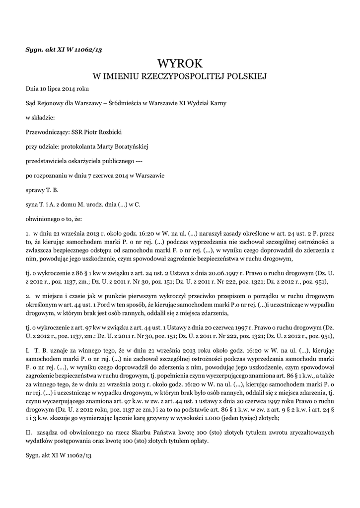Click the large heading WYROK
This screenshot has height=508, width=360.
click(x=180, y=64)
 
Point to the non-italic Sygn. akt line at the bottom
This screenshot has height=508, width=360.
click(x=60, y=454)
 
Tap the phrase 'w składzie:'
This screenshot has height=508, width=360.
click(x=40, y=118)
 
